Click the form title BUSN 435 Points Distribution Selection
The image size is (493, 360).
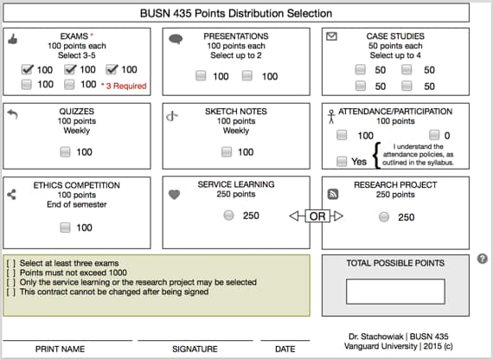click(235, 13)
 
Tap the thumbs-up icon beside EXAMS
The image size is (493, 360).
click(12, 38)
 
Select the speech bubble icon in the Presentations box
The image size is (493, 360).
click(176, 39)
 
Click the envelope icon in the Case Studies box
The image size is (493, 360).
click(330, 36)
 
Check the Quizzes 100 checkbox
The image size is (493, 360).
click(65, 152)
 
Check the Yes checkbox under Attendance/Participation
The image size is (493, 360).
click(342, 161)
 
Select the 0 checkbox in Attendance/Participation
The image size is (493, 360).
click(433, 136)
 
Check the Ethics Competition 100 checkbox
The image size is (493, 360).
click(65, 228)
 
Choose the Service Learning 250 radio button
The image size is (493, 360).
click(228, 215)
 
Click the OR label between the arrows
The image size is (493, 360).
click(317, 215)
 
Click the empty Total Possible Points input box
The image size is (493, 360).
click(395, 291)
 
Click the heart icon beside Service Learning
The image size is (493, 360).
click(174, 195)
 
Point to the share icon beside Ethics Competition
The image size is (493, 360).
click(12, 195)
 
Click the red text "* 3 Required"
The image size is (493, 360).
click(124, 86)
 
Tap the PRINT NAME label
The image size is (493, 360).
click(60, 350)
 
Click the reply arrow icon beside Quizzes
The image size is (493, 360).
click(12, 113)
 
